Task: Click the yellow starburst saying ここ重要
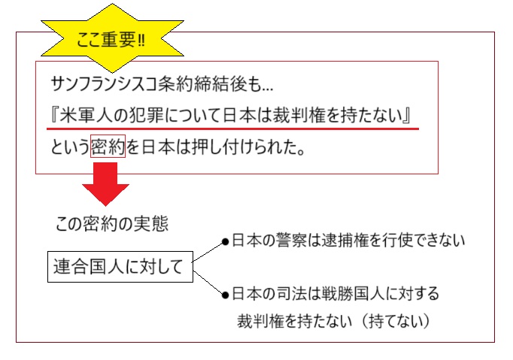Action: pyautogui.click(x=110, y=38)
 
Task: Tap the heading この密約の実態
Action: pyautogui.click(x=112, y=223)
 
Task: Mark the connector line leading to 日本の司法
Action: pyautogui.click(x=208, y=280)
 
